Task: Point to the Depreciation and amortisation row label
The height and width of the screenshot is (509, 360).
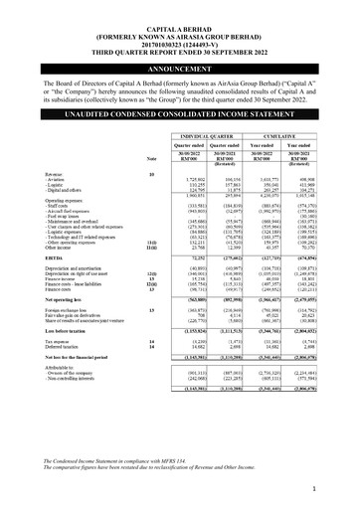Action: [x=75, y=269]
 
